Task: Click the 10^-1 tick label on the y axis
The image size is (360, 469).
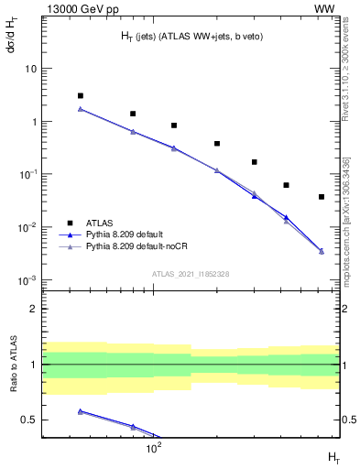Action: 28,174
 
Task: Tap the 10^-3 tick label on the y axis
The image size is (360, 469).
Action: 28,280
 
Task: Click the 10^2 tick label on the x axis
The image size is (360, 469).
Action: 155,447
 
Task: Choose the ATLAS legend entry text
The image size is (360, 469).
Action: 100,223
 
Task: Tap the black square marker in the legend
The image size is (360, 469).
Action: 69,223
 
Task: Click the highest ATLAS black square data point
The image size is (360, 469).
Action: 81,95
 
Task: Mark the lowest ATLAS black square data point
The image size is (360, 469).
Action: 322,197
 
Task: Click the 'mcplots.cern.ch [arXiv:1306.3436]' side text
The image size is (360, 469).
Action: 345,221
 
